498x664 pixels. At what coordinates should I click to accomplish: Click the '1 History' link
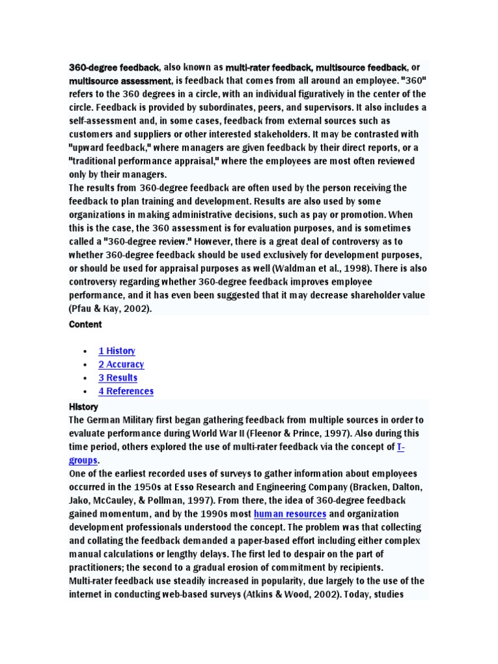tap(117, 351)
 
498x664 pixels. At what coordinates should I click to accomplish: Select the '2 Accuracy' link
tap(121, 364)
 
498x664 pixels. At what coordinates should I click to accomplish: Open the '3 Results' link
tap(118, 378)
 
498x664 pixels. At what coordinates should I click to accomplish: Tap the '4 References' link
tap(126, 391)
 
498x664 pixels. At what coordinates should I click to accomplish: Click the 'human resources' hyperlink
tap(290, 514)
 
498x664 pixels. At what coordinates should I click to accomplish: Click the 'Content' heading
tap(86, 324)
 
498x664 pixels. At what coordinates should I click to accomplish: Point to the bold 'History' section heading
tap(84, 407)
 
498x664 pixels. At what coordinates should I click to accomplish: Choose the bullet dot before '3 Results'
tap(85, 378)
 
